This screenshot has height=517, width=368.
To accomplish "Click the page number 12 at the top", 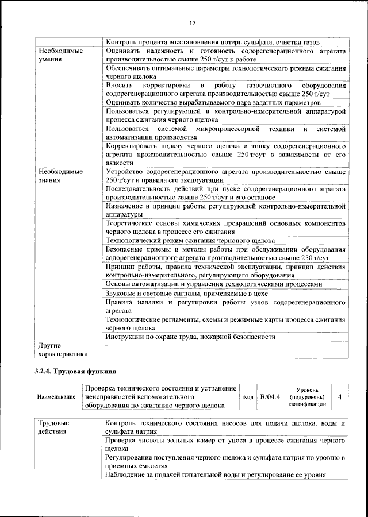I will click(192, 23).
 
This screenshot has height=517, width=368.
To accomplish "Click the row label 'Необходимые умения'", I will click(57, 55).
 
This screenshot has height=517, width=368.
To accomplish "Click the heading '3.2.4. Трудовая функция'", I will click(76, 371).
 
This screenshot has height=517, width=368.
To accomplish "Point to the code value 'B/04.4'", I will click(270, 396).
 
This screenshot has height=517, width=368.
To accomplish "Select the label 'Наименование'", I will click(56, 397).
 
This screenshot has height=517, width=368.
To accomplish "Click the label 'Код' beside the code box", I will click(248, 397).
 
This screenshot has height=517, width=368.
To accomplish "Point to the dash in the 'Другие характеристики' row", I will click(108, 346).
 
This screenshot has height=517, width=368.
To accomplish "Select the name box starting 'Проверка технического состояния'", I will click(160, 397).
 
